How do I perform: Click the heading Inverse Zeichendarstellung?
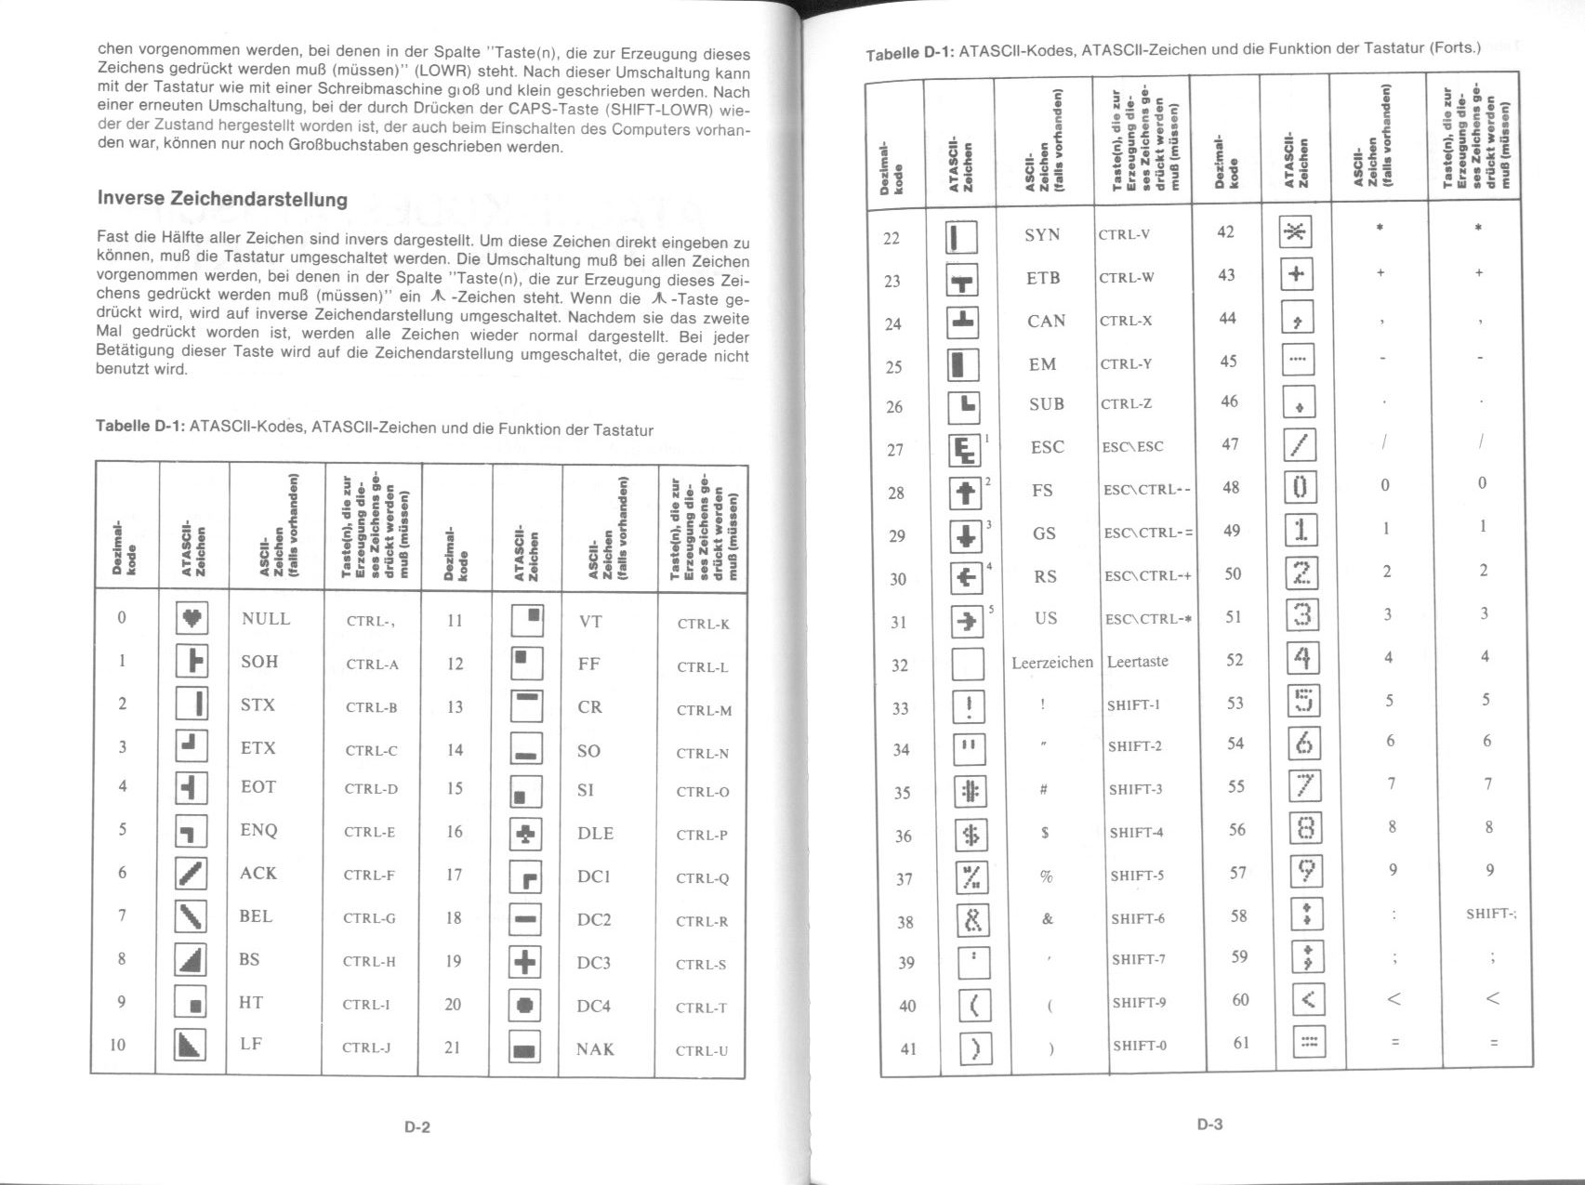click(x=222, y=199)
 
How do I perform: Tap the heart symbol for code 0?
click(x=192, y=618)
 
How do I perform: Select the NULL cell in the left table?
click(x=265, y=619)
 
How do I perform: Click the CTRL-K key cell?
click(x=703, y=624)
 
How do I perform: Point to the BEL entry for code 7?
click(x=256, y=916)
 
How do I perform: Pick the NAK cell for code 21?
click(x=594, y=1049)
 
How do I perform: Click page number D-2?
click(x=417, y=1128)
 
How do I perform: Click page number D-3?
click(x=1209, y=1125)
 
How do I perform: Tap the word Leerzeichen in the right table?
click(x=1051, y=663)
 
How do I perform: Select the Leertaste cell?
click(x=1137, y=662)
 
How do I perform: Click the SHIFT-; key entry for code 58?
click(x=1490, y=914)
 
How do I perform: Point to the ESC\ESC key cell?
click(x=1132, y=447)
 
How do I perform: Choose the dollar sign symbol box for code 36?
click(x=971, y=836)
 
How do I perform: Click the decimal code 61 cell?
click(x=1240, y=1043)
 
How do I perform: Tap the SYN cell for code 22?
click(x=1042, y=235)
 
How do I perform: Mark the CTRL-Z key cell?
click(x=1126, y=404)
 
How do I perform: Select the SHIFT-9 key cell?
click(x=1139, y=1003)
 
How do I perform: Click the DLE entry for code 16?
click(x=595, y=834)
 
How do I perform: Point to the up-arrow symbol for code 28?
click(x=966, y=492)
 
